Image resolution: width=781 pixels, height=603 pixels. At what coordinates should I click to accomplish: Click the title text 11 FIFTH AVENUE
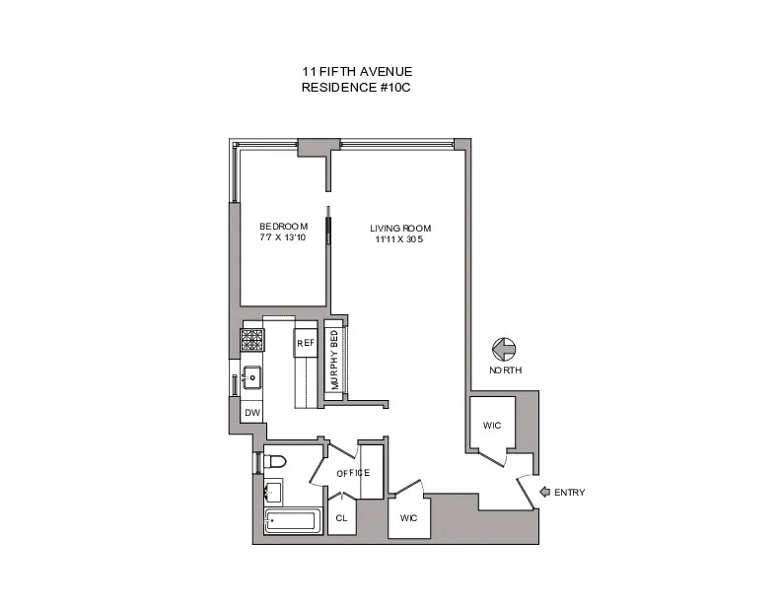(x=357, y=72)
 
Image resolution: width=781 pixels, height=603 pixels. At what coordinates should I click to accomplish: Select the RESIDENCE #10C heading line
(x=357, y=88)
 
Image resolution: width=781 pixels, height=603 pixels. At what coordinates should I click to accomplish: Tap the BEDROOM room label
(x=284, y=227)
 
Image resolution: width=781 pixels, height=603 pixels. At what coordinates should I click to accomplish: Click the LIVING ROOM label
(x=401, y=229)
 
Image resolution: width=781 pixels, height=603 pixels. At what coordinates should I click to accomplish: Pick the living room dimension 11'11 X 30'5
(x=401, y=240)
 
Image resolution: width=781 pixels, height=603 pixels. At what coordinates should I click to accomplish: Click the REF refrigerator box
(x=305, y=344)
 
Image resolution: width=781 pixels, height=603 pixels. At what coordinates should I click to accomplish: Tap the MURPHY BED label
(x=335, y=361)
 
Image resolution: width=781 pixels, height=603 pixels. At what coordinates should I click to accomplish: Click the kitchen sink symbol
(x=252, y=376)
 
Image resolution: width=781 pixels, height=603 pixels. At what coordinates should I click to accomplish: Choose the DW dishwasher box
(x=252, y=413)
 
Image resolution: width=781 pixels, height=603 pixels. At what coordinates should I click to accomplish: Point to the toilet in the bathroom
(x=275, y=460)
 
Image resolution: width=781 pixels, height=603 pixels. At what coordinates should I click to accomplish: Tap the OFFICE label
(x=353, y=473)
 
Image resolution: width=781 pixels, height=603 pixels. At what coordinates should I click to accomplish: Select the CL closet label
(x=341, y=517)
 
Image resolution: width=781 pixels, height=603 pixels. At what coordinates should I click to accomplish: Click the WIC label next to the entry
(x=492, y=426)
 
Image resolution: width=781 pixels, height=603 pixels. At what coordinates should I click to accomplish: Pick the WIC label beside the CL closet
(x=408, y=517)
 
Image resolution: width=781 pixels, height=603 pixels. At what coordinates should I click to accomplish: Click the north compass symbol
(x=503, y=350)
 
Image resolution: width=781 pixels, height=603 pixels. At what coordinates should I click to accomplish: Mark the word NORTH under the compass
(x=505, y=370)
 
